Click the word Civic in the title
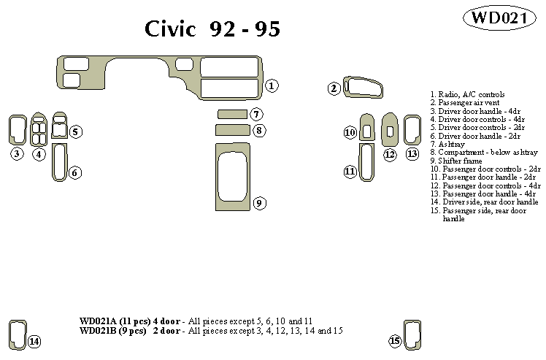coord(171,29)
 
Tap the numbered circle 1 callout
coord(271,86)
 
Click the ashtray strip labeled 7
coord(232,114)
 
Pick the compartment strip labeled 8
coord(232,130)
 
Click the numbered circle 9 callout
coord(259,202)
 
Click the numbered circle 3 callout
coord(16,153)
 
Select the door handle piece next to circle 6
coord(58,161)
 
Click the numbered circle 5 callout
coord(76,131)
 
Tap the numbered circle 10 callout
coord(350,132)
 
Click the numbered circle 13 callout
coord(412,153)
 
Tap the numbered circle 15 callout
coord(395,341)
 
